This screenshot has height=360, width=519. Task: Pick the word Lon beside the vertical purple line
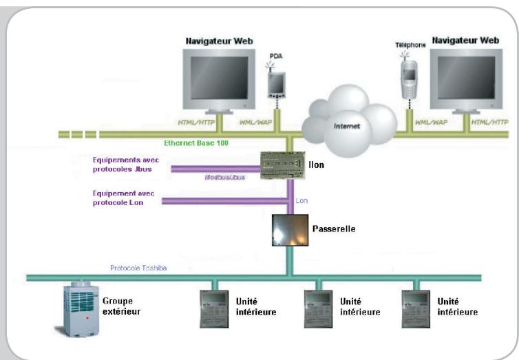pyautogui.click(x=302, y=200)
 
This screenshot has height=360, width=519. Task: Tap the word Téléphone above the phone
pyautogui.click(x=410, y=45)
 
